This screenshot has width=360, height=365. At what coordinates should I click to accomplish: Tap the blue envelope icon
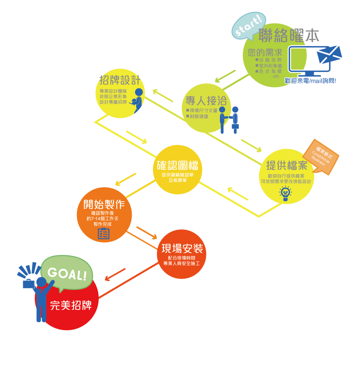click(330, 55)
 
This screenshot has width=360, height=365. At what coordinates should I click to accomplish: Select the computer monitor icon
click(303, 61)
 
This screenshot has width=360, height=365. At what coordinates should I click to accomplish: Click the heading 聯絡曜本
click(289, 36)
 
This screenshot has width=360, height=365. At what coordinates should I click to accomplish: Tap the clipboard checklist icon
click(103, 233)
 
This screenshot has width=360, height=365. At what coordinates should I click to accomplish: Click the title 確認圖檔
click(177, 166)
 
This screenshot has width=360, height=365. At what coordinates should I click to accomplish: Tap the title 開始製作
click(104, 204)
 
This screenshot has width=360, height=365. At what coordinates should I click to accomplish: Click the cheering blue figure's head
click(41, 282)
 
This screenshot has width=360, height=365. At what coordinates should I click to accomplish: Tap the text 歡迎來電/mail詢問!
click(310, 81)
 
